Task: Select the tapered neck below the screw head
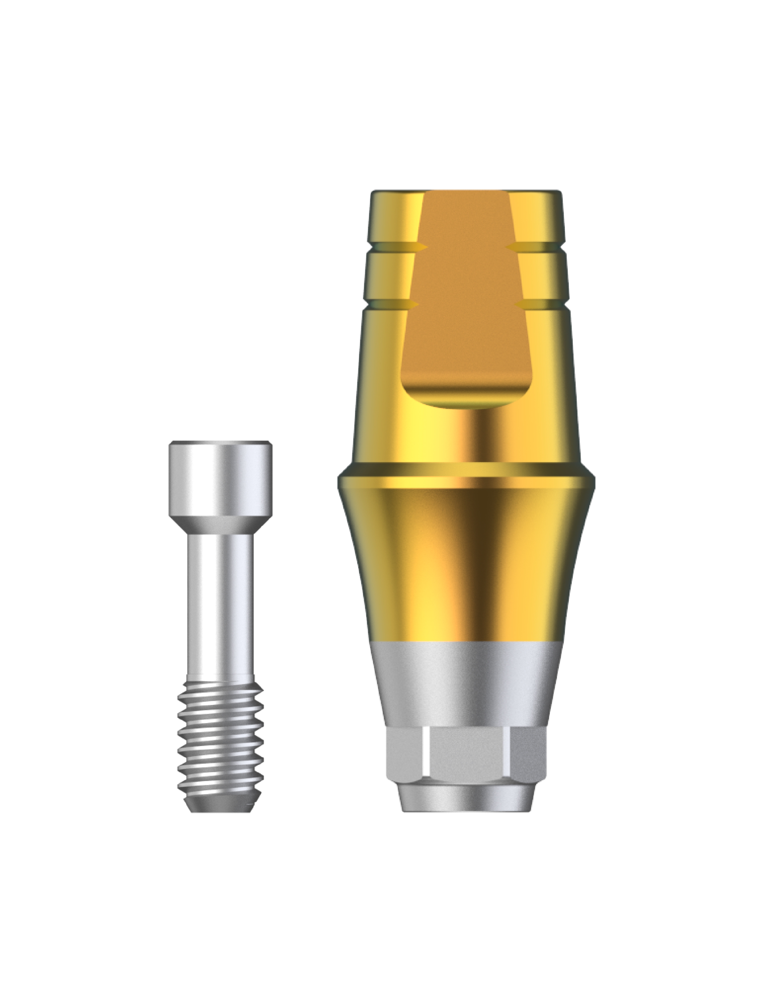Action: (220, 527)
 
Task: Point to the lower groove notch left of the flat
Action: (413, 305)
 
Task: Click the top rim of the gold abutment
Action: (466, 193)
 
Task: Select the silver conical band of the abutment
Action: (466, 684)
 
